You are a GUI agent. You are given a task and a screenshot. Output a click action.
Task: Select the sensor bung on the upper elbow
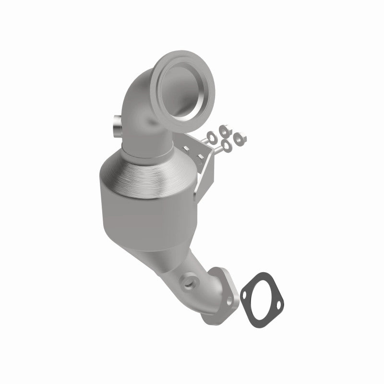point(116,130)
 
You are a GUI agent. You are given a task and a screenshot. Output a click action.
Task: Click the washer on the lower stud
point(226,145)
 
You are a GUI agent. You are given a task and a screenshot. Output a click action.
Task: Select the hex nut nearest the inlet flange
point(223,130)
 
